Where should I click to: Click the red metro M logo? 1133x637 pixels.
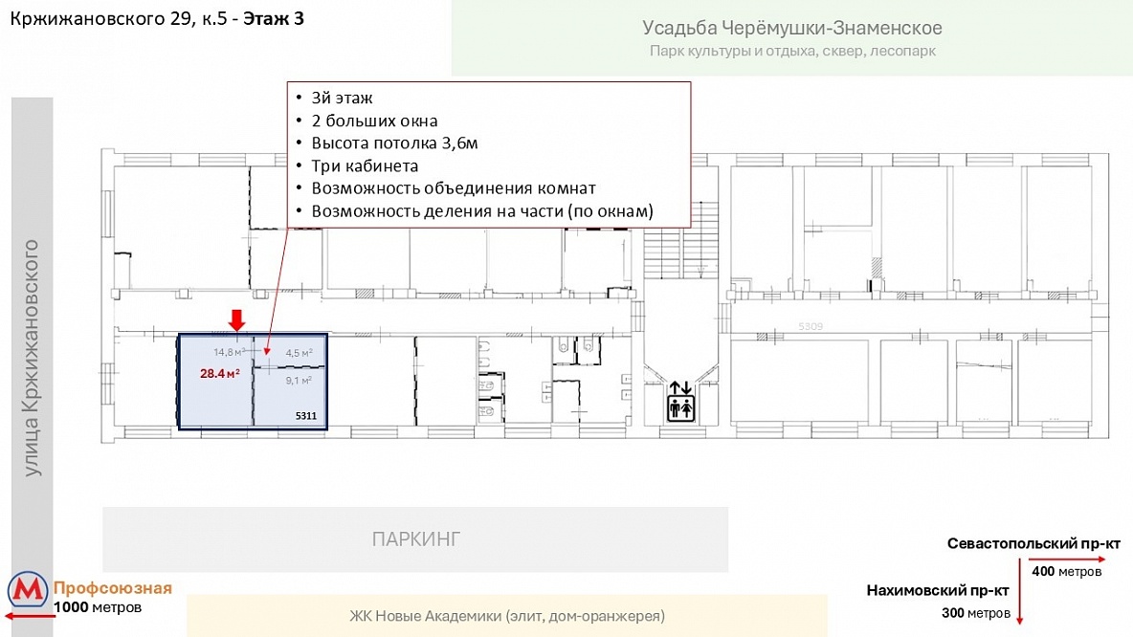click(x=28, y=591)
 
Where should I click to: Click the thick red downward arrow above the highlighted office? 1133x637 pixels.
click(x=237, y=320)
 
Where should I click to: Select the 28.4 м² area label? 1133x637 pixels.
click(x=220, y=373)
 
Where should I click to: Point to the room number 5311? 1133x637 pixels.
click(x=305, y=415)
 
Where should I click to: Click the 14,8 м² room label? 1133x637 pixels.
click(x=229, y=352)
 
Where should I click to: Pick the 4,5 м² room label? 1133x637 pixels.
click(x=299, y=353)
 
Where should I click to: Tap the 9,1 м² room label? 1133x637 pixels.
click(x=299, y=380)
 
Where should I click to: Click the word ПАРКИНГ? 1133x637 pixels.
click(x=415, y=539)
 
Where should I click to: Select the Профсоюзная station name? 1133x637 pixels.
click(x=113, y=588)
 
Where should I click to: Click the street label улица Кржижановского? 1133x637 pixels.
click(x=31, y=359)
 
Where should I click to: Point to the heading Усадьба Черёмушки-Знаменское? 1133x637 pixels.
click(x=792, y=28)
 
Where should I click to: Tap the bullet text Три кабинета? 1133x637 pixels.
click(x=365, y=166)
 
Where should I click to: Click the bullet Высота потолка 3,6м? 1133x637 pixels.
click(x=394, y=143)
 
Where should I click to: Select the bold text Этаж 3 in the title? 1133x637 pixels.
click(x=273, y=19)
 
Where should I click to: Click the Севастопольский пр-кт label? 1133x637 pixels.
click(x=1034, y=544)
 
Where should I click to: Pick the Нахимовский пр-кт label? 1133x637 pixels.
click(x=937, y=591)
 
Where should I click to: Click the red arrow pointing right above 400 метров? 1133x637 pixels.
click(x=1067, y=559)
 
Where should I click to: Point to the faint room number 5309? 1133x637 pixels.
click(x=811, y=326)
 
